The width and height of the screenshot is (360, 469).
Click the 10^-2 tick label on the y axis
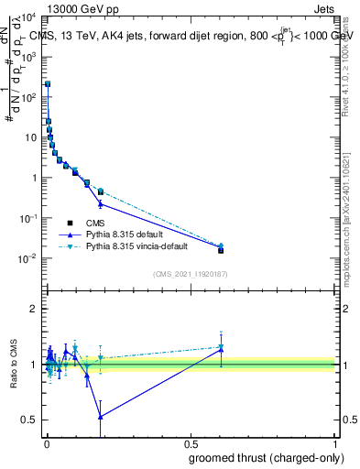(x=28, y=258)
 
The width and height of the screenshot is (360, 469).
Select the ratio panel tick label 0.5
(x=29, y=420)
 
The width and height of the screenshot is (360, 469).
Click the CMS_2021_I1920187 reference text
(x=191, y=274)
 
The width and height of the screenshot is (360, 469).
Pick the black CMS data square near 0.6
(x=221, y=250)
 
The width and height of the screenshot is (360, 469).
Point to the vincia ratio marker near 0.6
(x=221, y=347)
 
